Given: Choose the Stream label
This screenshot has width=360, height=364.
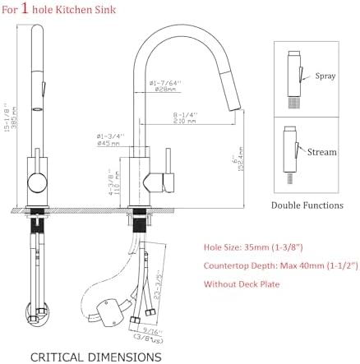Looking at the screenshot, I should (x=322, y=151).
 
